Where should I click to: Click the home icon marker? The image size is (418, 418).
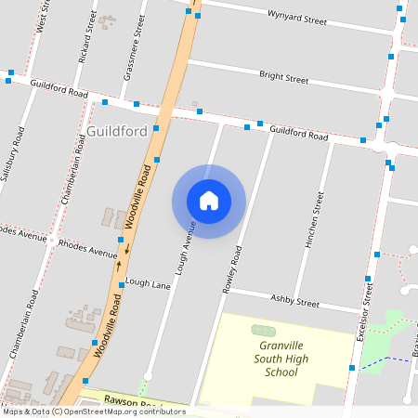pos(209,201)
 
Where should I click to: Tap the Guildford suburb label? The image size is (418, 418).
pos(118,131)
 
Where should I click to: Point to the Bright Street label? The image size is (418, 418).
pos(283,77)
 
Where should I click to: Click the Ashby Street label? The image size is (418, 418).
pos(294,302)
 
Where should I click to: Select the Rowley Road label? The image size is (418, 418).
pos(231,269)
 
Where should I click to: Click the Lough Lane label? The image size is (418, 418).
pos(148,282)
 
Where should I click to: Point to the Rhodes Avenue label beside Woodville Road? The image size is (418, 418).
pos(88,248)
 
